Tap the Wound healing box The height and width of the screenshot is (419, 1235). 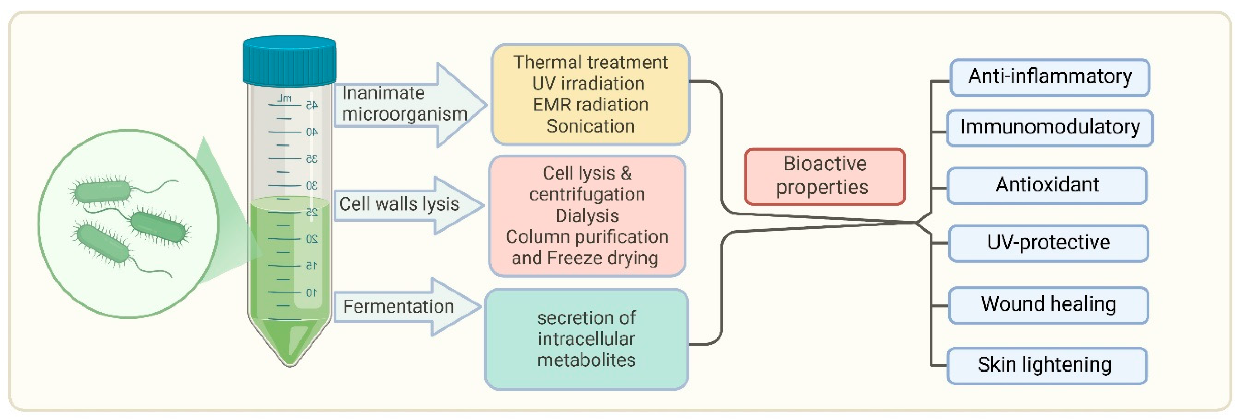[x=1048, y=305]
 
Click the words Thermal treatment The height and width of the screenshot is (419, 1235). [x=590, y=63]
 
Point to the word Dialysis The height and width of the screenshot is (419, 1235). [x=587, y=216]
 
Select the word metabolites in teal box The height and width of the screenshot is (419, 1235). [x=586, y=360]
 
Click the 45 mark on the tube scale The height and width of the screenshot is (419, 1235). [x=312, y=105]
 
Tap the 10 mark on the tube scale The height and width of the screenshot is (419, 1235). [x=312, y=292]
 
